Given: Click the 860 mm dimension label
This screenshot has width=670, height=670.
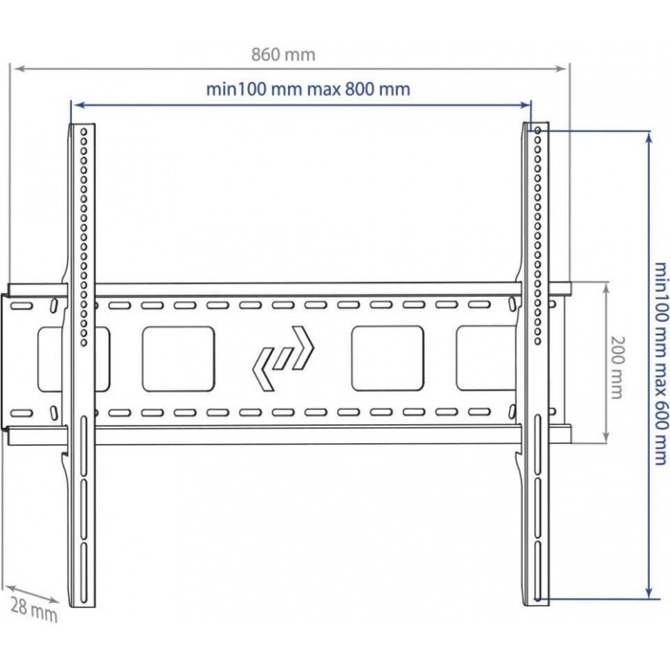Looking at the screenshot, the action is point(283,55).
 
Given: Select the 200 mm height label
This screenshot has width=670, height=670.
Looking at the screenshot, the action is point(617,368).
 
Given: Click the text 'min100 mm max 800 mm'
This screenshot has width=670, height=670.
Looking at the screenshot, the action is point(308,89).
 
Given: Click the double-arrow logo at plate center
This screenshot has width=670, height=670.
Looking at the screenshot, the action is point(283,358).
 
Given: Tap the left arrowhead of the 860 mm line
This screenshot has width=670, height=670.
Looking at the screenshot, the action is point(18,68).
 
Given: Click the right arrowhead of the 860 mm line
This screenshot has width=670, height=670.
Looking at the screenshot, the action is point(561,68).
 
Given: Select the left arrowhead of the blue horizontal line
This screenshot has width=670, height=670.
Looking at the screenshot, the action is point(77,104).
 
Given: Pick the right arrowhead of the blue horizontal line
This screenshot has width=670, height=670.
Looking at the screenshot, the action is point(525,104).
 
